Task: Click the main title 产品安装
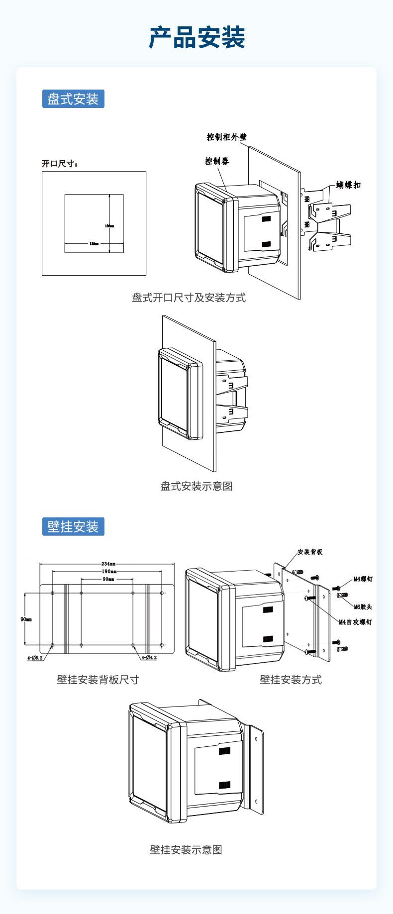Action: (x=196, y=37)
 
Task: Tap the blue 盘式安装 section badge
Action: (x=73, y=99)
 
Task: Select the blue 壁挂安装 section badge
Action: (x=73, y=526)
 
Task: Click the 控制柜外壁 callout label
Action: (x=227, y=137)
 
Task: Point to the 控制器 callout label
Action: (x=217, y=161)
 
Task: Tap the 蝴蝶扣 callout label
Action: (x=348, y=185)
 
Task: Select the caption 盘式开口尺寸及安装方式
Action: (x=189, y=298)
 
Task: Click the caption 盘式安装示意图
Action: (x=196, y=486)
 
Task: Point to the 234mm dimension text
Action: (x=108, y=564)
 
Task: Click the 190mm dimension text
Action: (x=108, y=572)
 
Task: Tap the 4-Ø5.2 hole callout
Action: (x=35, y=658)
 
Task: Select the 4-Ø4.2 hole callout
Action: (x=149, y=658)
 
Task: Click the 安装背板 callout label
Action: (x=310, y=552)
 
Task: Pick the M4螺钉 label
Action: (x=363, y=579)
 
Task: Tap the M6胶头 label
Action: (x=363, y=607)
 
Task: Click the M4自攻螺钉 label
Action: (x=355, y=622)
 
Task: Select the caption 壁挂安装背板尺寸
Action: (x=98, y=680)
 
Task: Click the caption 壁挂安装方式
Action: (x=291, y=680)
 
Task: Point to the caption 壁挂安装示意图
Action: (x=186, y=850)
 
